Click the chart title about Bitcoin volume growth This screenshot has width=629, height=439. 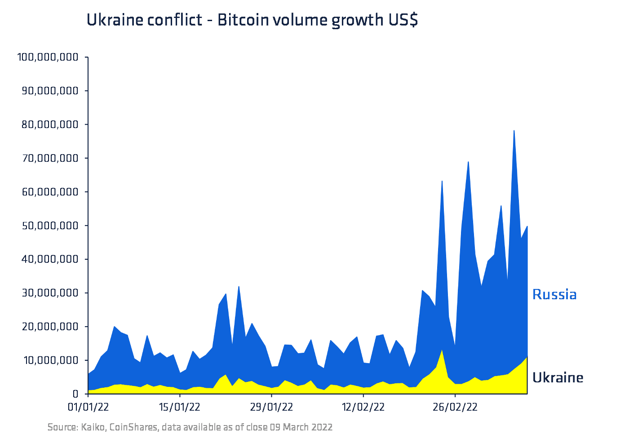[252, 20]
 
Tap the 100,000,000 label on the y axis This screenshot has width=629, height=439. [48, 57]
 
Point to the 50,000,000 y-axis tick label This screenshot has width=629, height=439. [50, 226]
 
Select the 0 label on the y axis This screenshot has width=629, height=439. [75, 394]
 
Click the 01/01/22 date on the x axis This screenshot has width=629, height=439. [88, 407]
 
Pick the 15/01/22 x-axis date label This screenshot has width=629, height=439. [180, 407]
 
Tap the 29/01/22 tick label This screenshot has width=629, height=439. [271, 407]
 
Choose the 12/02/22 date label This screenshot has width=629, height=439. [363, 407]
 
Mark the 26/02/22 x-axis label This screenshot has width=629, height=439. [455, 407]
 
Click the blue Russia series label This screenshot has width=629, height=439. [554, 295]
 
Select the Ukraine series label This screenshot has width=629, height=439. [558, 378]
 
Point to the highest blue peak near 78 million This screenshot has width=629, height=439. [514, 131]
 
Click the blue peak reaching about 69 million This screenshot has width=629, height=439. [468, 163]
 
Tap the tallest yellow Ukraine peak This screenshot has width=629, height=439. [442, 351]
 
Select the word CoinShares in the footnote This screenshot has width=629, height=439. [134, 427]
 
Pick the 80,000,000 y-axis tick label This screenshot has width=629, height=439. [50, 124]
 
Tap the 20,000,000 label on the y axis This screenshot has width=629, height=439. [50, 327]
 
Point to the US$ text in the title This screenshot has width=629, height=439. [403, 20]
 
